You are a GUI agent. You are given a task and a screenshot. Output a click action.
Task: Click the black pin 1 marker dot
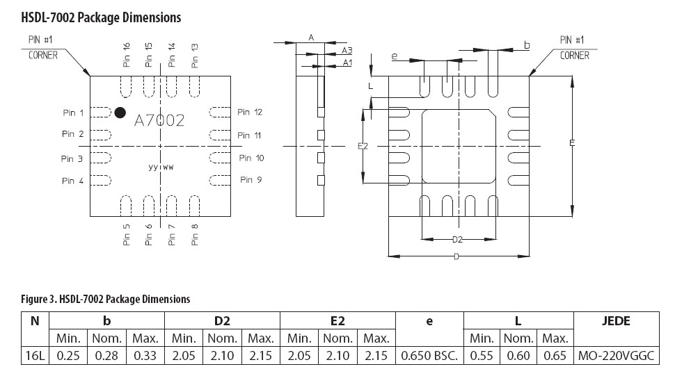click(x=120, y=113)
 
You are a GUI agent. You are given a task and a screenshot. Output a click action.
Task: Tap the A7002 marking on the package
click(x=159, y=120)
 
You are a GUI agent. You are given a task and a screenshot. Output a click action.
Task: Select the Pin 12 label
click(x=250, y=112)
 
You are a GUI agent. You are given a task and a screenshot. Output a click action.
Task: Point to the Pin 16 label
click(x=126, y=55)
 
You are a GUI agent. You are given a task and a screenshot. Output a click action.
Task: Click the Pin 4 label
click(x=73, y=181)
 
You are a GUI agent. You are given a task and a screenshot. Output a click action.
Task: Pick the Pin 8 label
click(x=195, y=234)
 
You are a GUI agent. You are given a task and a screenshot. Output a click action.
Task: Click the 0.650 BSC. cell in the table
click(x=429, y=356)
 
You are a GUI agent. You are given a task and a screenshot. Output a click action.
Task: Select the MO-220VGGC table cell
click(x=616, y=356)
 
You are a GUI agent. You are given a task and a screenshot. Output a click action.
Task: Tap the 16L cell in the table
click(x=35, y=356)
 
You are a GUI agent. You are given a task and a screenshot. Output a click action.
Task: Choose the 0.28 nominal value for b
click(x=106, y=356)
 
